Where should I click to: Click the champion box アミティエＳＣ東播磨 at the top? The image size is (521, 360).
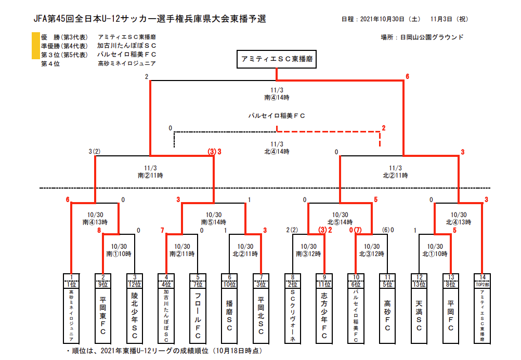coord(276,59)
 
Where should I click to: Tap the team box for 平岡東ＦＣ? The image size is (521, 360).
coord(103,316)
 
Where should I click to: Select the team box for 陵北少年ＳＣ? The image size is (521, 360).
coord(135,316)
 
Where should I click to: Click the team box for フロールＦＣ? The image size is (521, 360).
coord(198,316)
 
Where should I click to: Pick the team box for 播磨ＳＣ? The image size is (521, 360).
coord(229,316)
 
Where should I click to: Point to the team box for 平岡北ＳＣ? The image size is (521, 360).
coord(261,316)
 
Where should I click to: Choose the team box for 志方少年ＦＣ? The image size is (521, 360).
coord(324,316)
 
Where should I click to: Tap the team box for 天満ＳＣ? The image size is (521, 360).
coord(419,316)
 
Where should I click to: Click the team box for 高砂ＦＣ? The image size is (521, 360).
coord(387,316)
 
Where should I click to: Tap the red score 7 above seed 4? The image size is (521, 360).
coord(162,230)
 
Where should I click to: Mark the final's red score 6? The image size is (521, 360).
coord(408,77)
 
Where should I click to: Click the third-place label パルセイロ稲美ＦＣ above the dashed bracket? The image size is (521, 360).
coord(276,115)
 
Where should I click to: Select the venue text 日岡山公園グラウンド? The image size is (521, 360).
coord(429,37)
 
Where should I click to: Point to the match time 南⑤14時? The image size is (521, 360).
coord(214,222)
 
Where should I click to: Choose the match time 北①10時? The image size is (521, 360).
coord(434,254)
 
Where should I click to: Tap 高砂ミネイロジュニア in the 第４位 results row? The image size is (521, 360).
coord(126,64)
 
